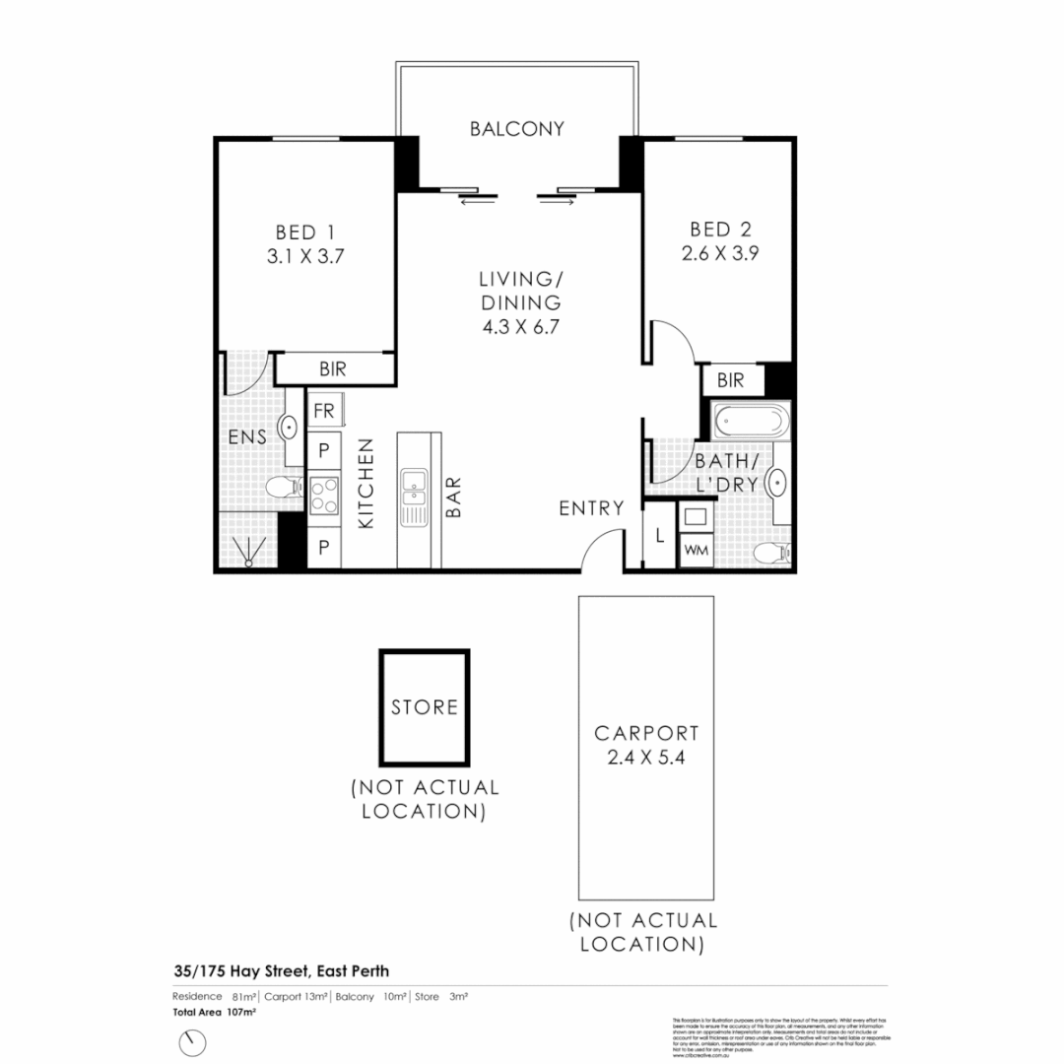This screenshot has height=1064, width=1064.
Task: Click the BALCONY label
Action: [516, 129]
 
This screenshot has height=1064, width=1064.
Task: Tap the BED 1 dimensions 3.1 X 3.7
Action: [304, 256]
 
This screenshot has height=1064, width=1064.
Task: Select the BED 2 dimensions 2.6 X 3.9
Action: [719, 252]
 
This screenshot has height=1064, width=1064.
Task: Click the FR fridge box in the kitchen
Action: [323, 411]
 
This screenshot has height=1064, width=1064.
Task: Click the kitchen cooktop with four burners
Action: [324, 495]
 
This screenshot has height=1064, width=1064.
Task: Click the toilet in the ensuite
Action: [284, 488]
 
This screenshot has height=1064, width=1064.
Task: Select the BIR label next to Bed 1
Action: [333, 369]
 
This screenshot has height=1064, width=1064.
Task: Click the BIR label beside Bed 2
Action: [730, 380]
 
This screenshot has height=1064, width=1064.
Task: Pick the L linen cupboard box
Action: [658, 537]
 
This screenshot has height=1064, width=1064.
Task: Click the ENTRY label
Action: [591, 508]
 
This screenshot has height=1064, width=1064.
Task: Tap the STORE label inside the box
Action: [425, 707]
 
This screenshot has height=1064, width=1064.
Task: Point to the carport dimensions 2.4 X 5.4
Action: [646, 759]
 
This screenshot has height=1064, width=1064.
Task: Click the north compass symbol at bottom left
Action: [194, 1041]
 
